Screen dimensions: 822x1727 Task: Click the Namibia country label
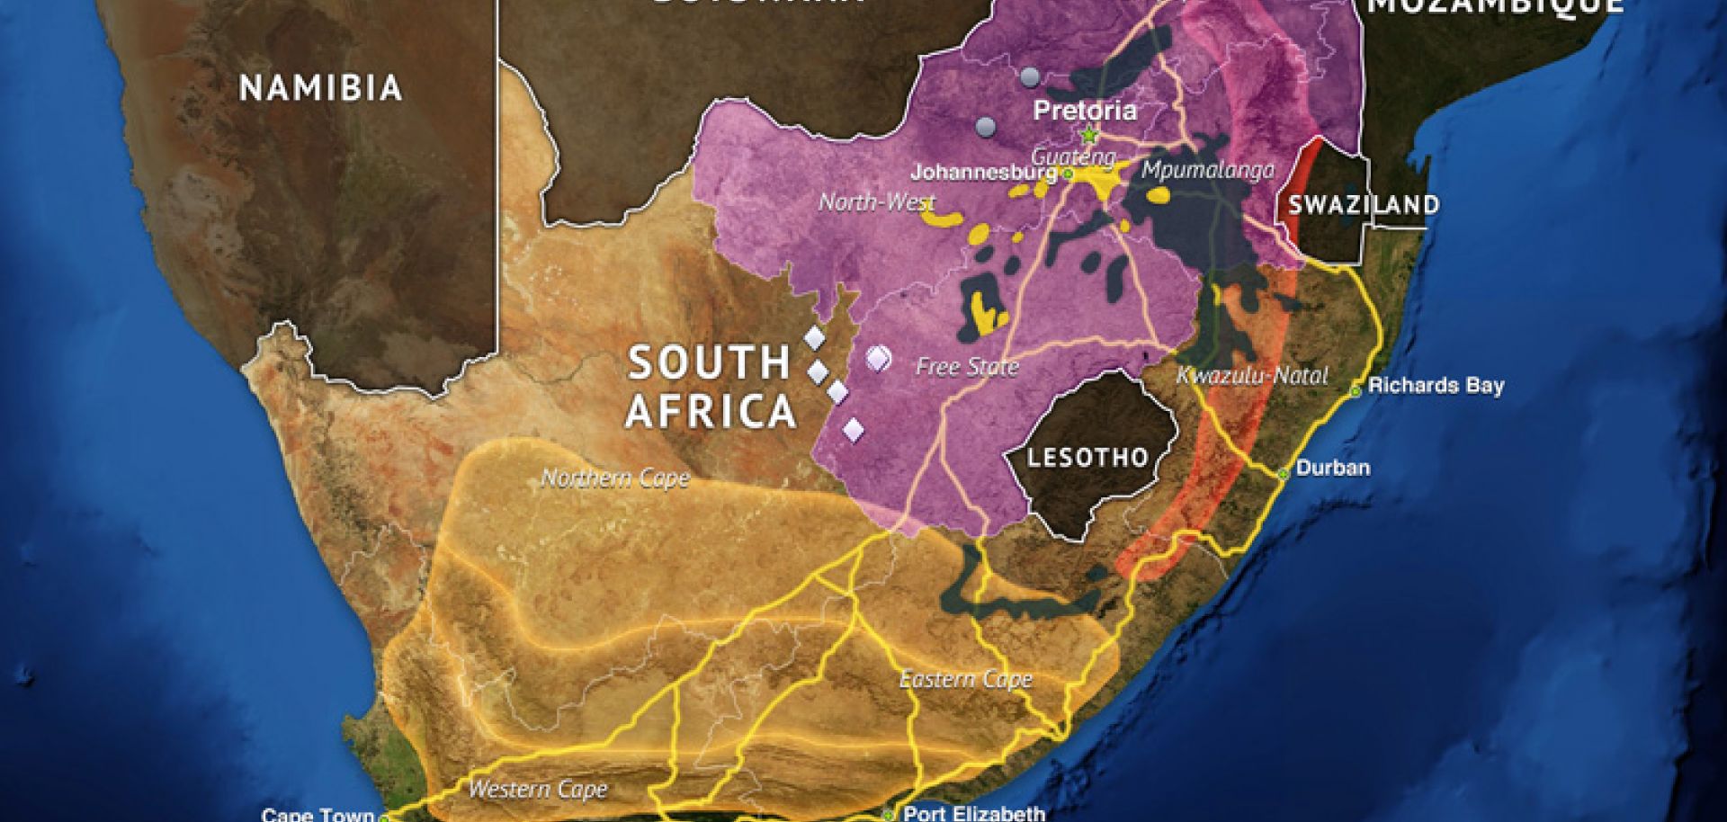click(x=320, y=88)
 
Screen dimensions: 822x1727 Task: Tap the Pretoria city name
click(x=1085, y=111)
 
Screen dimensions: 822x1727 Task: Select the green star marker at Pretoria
click(x=1089, y=136)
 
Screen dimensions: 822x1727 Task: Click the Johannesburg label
click(x=982, y=172)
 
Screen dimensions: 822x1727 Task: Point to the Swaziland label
click(x=1364, y=204)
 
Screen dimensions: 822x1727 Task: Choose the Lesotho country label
click(x=1087, y=457)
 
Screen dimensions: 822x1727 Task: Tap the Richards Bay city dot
click(x=1356, y=391)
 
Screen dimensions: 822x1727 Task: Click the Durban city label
click(x=1332, y=468)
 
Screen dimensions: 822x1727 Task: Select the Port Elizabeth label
click(x=973, y=813)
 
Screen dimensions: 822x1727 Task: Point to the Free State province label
click(x=967, y=367)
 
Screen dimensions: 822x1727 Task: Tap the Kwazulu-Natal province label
click(x=1252, y=376)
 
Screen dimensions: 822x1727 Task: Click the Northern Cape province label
click(x=615, y=478)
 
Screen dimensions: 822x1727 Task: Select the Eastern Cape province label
click(x=966, y=679)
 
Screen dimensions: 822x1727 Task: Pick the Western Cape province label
click(x=538, y=790)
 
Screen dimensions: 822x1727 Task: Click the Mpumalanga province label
click(x=1208, y=170)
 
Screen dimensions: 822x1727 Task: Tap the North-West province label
click(x=876, y=202)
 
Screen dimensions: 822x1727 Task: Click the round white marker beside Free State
click(x=877, y=359)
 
